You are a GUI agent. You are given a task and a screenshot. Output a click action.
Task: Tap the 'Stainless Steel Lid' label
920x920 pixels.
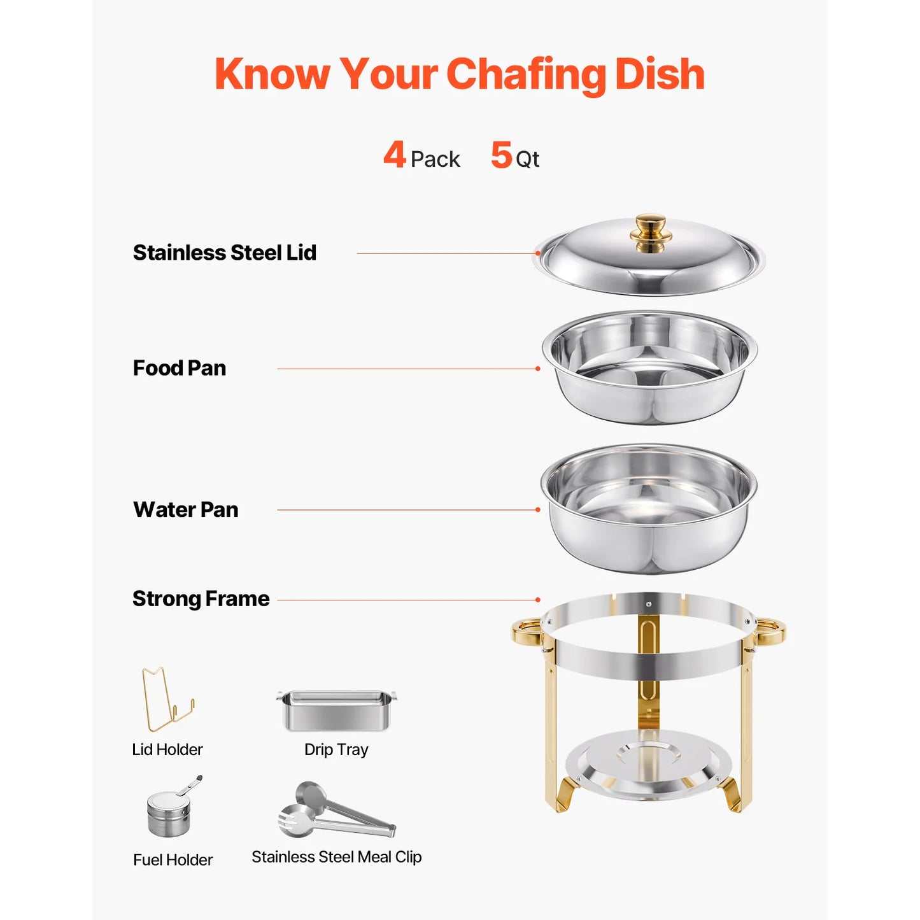[x=224, y=253]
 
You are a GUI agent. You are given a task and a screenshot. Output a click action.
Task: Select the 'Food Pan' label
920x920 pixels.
[x=179, y=368]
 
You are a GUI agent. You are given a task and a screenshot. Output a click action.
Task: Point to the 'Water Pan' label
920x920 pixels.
[x=185, y=509]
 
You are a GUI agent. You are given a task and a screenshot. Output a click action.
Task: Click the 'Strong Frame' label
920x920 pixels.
[x=201, y=598]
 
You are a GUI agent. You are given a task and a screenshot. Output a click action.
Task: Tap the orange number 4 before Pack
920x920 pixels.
[x=394, y=155]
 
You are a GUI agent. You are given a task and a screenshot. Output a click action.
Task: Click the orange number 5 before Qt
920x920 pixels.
[x=501, y=155]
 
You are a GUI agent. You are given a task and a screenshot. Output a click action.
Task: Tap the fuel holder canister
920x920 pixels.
[x=168, y=814]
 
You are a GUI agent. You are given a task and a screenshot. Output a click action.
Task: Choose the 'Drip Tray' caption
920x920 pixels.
[x=336, y=749]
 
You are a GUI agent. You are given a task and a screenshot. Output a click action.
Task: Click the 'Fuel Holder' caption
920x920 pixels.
[x=173, y=860]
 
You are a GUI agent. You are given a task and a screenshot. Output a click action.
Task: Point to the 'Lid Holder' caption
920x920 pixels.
[x=167, y=749]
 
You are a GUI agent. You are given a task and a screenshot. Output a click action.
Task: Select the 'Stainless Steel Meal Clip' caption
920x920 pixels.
[x=336, y=857]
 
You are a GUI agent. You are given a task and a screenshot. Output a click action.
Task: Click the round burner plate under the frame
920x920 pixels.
[x=648, y=764]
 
